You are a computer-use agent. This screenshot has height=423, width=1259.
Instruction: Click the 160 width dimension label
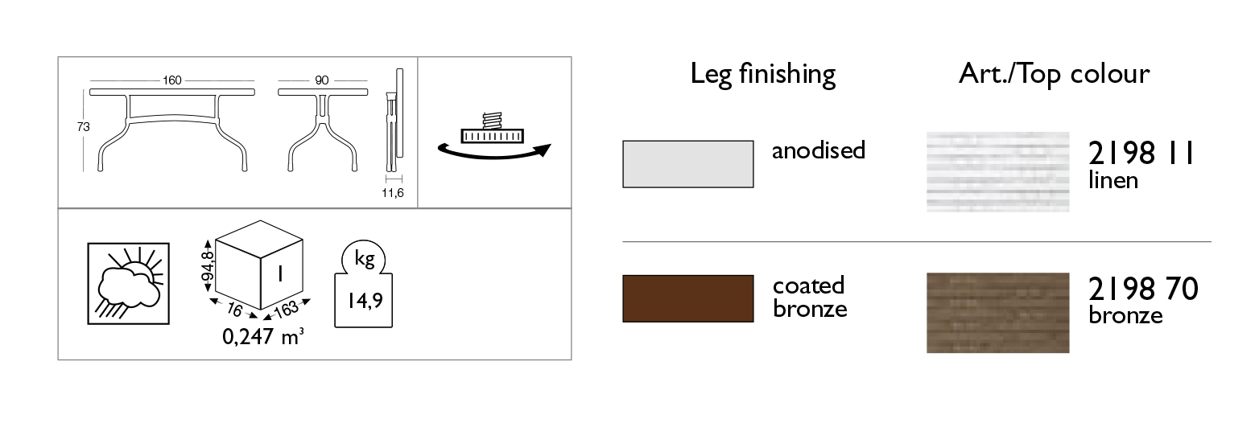[x=172, y=80]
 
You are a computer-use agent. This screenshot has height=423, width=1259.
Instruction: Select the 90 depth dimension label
[x=321, y=80]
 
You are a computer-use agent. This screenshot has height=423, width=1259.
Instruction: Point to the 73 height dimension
[x=83, y=127]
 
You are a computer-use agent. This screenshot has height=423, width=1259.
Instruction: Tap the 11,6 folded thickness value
[x=392, y=193]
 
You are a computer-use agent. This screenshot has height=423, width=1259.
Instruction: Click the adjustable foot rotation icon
[x=493, y=137]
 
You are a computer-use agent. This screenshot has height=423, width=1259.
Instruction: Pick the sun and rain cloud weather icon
[x=128, y=284]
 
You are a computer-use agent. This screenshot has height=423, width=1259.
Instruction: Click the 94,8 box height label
[x=208, y=266]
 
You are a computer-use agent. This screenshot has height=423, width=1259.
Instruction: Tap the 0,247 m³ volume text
[x=263, y=336]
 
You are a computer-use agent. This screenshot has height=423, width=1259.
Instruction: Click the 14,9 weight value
[x=365, y=301]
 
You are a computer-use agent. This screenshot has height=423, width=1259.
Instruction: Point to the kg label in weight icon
[x=364, y=259]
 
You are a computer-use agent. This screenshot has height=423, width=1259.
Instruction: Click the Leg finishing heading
[x=762, y=75]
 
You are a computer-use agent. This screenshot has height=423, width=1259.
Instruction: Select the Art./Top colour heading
[x=1054, y=74]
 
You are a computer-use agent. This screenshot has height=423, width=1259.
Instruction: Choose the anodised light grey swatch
[x=688, y=164]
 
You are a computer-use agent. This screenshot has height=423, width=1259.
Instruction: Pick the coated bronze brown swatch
[x=688, y=298]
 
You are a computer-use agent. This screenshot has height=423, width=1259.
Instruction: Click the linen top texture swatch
[x=997, y=172]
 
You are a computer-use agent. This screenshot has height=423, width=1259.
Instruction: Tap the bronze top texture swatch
[x=997, y=313]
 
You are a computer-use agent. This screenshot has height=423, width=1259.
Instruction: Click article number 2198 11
[x=1141, y=154]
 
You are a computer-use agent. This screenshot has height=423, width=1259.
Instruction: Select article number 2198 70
[x=1143, y=289]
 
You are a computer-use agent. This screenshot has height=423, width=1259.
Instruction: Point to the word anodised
[x=819, y=150]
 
